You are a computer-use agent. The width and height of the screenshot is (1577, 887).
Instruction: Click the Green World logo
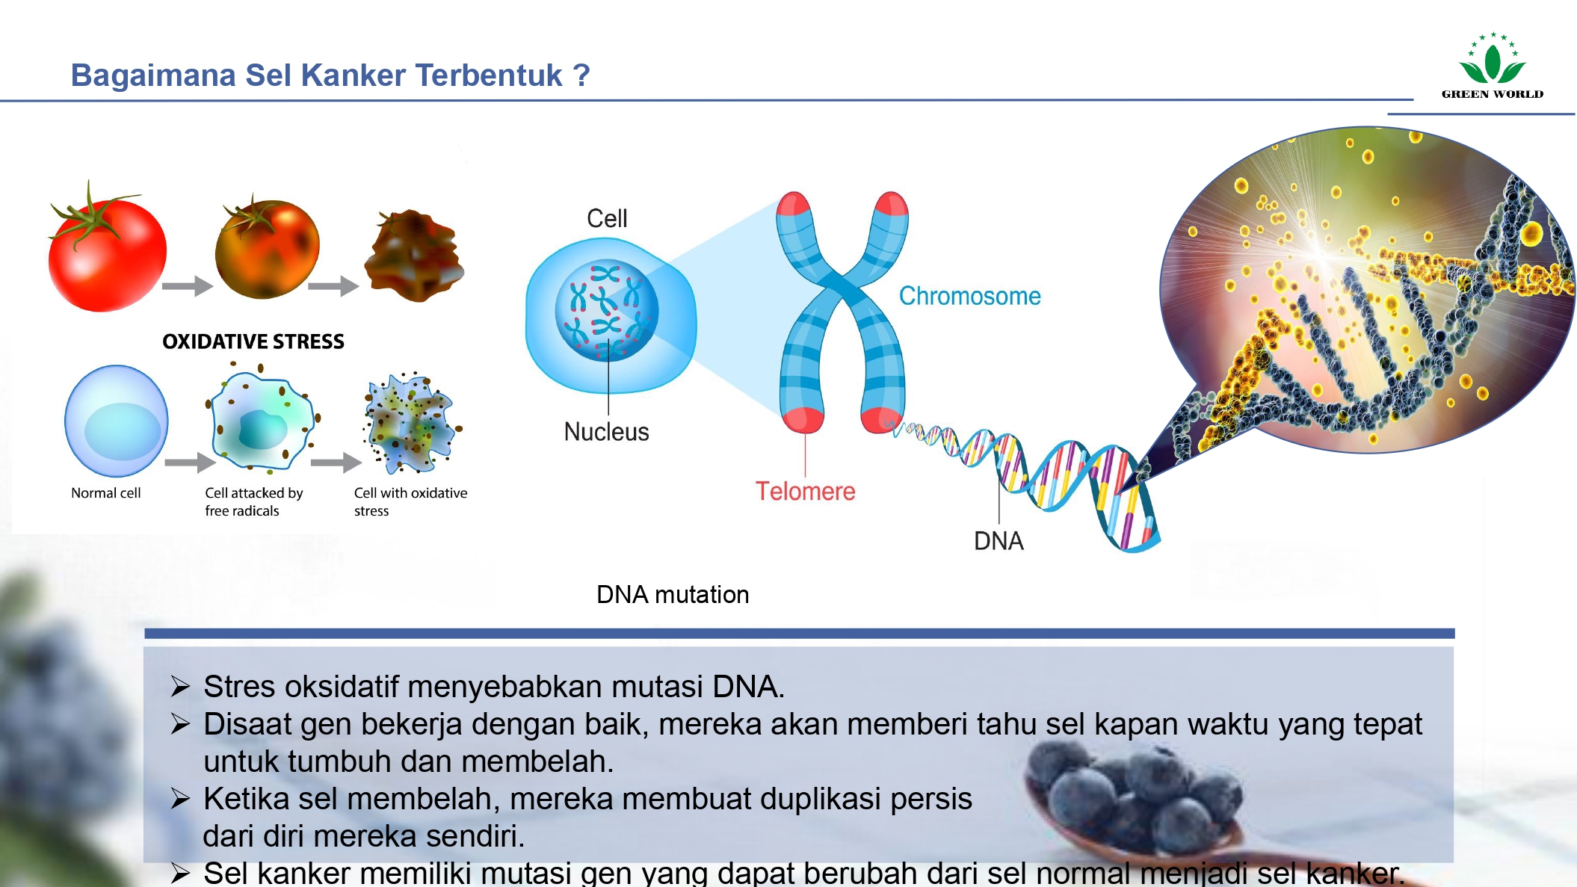pyautogui.click(x=1492, y=67)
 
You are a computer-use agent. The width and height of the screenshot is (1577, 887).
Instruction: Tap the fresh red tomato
pyautogui.click(x=106, y=251)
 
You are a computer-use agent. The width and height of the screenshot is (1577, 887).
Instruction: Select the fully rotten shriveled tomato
pyautogui.click(x=413, y=255)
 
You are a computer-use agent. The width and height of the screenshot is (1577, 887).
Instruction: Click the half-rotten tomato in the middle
pyautogui.click(x=267, y=248)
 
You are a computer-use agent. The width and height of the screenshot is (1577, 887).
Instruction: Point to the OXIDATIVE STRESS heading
pyautogui.click(x=253, y=341)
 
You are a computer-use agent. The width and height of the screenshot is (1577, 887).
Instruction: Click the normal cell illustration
pyautogui.click(x=117, y=421)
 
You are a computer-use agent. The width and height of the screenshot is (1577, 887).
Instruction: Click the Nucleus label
pyautogui.click(x=606, y=432)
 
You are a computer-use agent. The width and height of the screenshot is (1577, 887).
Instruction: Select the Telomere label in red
pyautogui.click(x=805, y=491)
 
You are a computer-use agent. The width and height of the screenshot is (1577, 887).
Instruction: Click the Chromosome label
pyautogui.click(x=969, y=296)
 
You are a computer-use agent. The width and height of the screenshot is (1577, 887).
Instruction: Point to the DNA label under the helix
pyautogui.click(x=999, y=541)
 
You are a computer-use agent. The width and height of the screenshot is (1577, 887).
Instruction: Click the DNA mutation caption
pyautogui.click(x=673, y=595)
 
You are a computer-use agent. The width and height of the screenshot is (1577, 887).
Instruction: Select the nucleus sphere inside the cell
pyautogui.click(x=606, y=311)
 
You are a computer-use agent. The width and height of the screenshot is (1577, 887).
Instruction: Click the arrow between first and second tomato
pyautogui.click(x=187, y=285)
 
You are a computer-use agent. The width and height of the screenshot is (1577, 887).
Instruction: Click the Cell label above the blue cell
pyautogui.click(x=607, y=218)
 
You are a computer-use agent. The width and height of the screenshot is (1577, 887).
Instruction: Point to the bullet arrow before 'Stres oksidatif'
pyautogui.click(x=180, y=687)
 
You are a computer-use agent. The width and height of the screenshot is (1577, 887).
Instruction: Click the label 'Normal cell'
pyautogui.click(x=105, y=493)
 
